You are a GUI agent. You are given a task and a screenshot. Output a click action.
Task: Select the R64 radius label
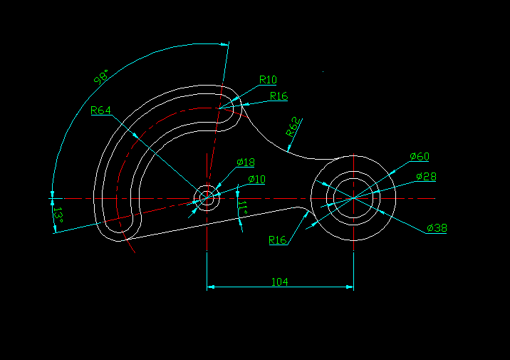(x=101, y=110)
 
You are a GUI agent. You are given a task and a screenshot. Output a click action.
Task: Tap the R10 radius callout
(x=269, y=79)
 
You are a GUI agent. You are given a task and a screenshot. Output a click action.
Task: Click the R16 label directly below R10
(x=279, y=96)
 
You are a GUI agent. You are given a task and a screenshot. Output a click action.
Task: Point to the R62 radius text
(x=293, y=128)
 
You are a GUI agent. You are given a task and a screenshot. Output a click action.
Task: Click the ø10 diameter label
(x=256, y=179)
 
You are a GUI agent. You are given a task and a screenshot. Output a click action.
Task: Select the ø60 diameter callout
(x=420, y=156)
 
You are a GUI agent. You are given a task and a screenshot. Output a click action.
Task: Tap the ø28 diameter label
(x=425, y=176)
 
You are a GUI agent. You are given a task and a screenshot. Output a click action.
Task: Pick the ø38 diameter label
(x=437, y=228)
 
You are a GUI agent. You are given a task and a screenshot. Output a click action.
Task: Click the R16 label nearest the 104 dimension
(x=277, y=240)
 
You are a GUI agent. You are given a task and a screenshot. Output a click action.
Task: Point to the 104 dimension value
(x=280, y=282)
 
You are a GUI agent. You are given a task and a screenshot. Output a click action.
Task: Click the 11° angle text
(x=243, y=207)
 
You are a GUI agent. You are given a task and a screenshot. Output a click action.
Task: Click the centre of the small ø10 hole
(x=207, y=197)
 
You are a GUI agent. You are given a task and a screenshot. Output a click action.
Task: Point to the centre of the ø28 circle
(x=354, y=197)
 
